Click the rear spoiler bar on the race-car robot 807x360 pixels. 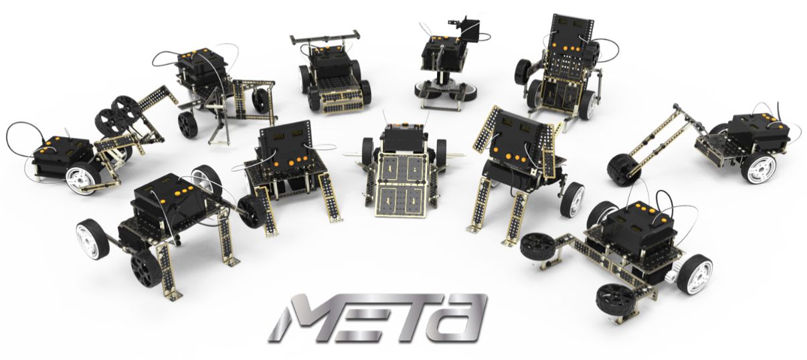pos(325,37)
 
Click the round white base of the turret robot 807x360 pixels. pos(446,91)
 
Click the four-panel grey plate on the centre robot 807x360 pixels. pos(402,185)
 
